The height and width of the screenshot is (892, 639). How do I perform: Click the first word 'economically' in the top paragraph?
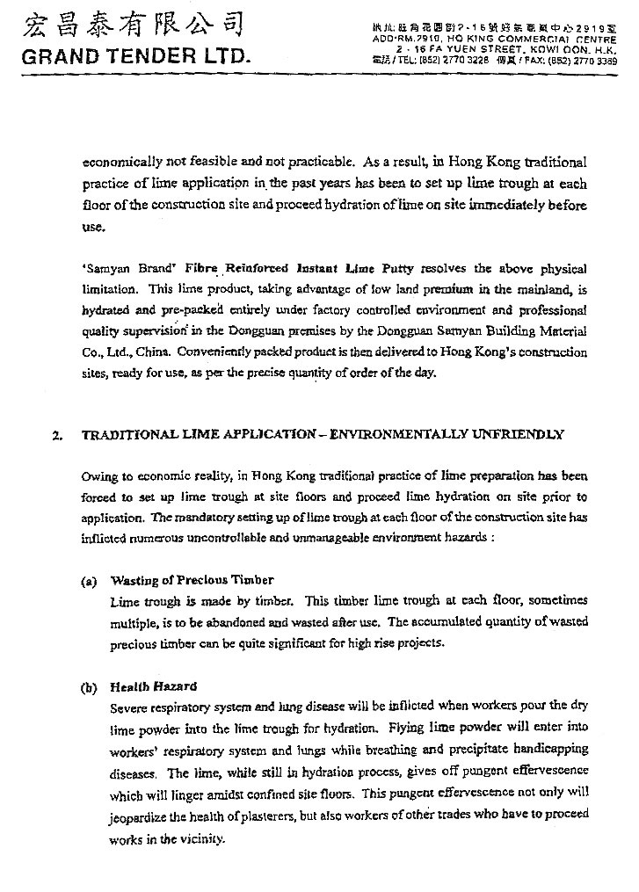[x=120, y=163]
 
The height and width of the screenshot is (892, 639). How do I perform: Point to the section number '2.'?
[x=57, y=434]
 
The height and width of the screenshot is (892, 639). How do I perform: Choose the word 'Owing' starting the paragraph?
[x=98, y=476]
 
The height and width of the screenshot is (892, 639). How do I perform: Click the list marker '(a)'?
[x=88, y=580]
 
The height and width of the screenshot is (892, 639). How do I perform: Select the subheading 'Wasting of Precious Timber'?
[x=191, y=580]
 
